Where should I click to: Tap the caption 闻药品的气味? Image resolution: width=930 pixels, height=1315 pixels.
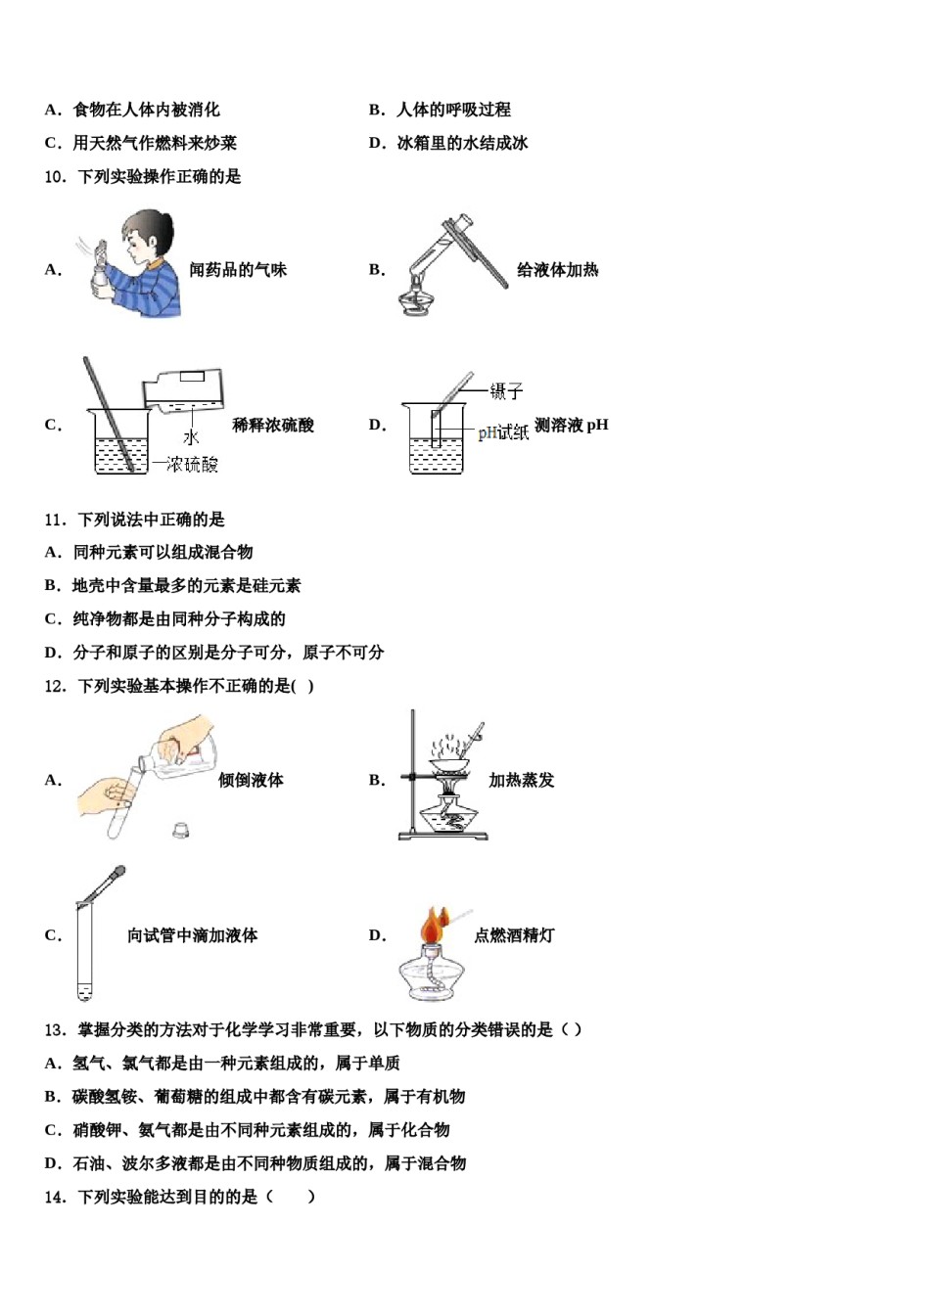[238, 270]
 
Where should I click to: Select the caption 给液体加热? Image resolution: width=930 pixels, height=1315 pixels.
[557, 270]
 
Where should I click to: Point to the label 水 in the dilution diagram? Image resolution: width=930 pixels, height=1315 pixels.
[191, 437]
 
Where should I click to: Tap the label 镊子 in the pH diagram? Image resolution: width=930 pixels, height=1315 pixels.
[506, 391]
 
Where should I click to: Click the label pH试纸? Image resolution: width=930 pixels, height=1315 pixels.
[502, 432]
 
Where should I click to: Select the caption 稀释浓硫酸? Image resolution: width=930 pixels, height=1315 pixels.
[273, 425]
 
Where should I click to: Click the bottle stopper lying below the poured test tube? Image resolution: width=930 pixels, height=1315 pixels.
[180, 830]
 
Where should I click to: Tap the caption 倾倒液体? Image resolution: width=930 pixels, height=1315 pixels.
[251, 780]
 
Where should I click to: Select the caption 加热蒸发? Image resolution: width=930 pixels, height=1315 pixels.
[521, 780]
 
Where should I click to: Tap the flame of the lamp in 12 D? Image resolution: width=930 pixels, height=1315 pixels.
[433, 924]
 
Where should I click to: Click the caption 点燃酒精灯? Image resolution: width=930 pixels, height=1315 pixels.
[514, 935]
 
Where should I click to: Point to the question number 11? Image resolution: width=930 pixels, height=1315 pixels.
[55, 520]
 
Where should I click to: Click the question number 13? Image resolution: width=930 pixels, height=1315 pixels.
[55, 1029]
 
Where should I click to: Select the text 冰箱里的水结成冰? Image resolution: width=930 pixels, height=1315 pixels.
[462, 143]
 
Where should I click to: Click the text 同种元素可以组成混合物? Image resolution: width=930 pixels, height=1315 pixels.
[163, 553]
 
